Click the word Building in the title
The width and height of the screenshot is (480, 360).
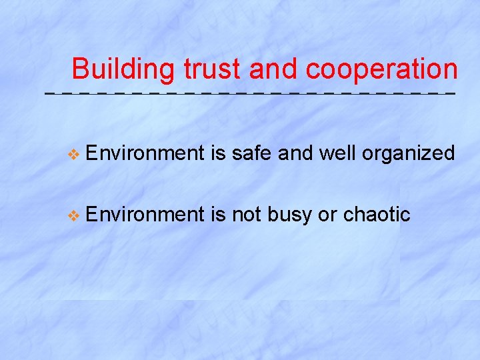point(124,69)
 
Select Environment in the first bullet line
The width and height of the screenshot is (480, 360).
point(144,154)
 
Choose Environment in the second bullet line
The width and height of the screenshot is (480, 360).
point(144,214)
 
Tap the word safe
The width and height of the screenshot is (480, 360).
point(252,154)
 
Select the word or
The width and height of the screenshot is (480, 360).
point(327,215)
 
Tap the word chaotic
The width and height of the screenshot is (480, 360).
point(376,214)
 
